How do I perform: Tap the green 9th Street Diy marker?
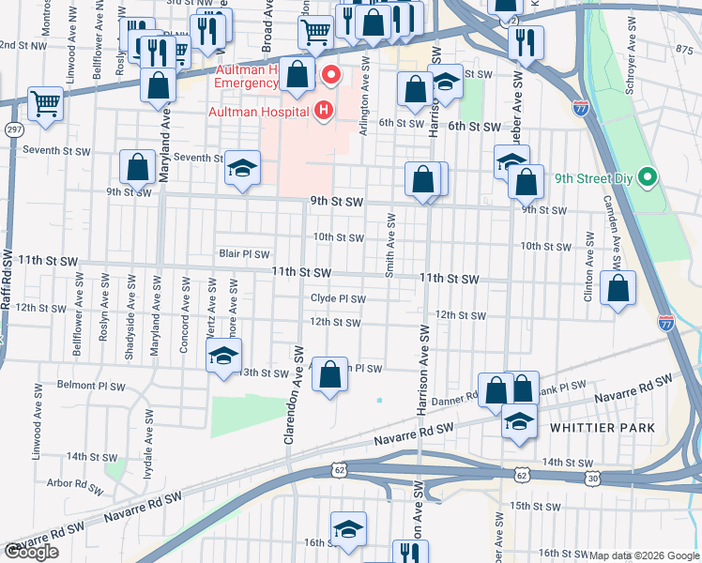647,176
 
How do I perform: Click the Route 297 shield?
13,129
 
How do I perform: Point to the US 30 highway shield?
592,479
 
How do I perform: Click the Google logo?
31,552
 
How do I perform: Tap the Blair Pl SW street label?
244,253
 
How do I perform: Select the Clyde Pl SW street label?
338,298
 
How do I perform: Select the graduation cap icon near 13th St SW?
224,358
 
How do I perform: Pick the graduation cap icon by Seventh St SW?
242,168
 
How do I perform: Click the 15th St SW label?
535,506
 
